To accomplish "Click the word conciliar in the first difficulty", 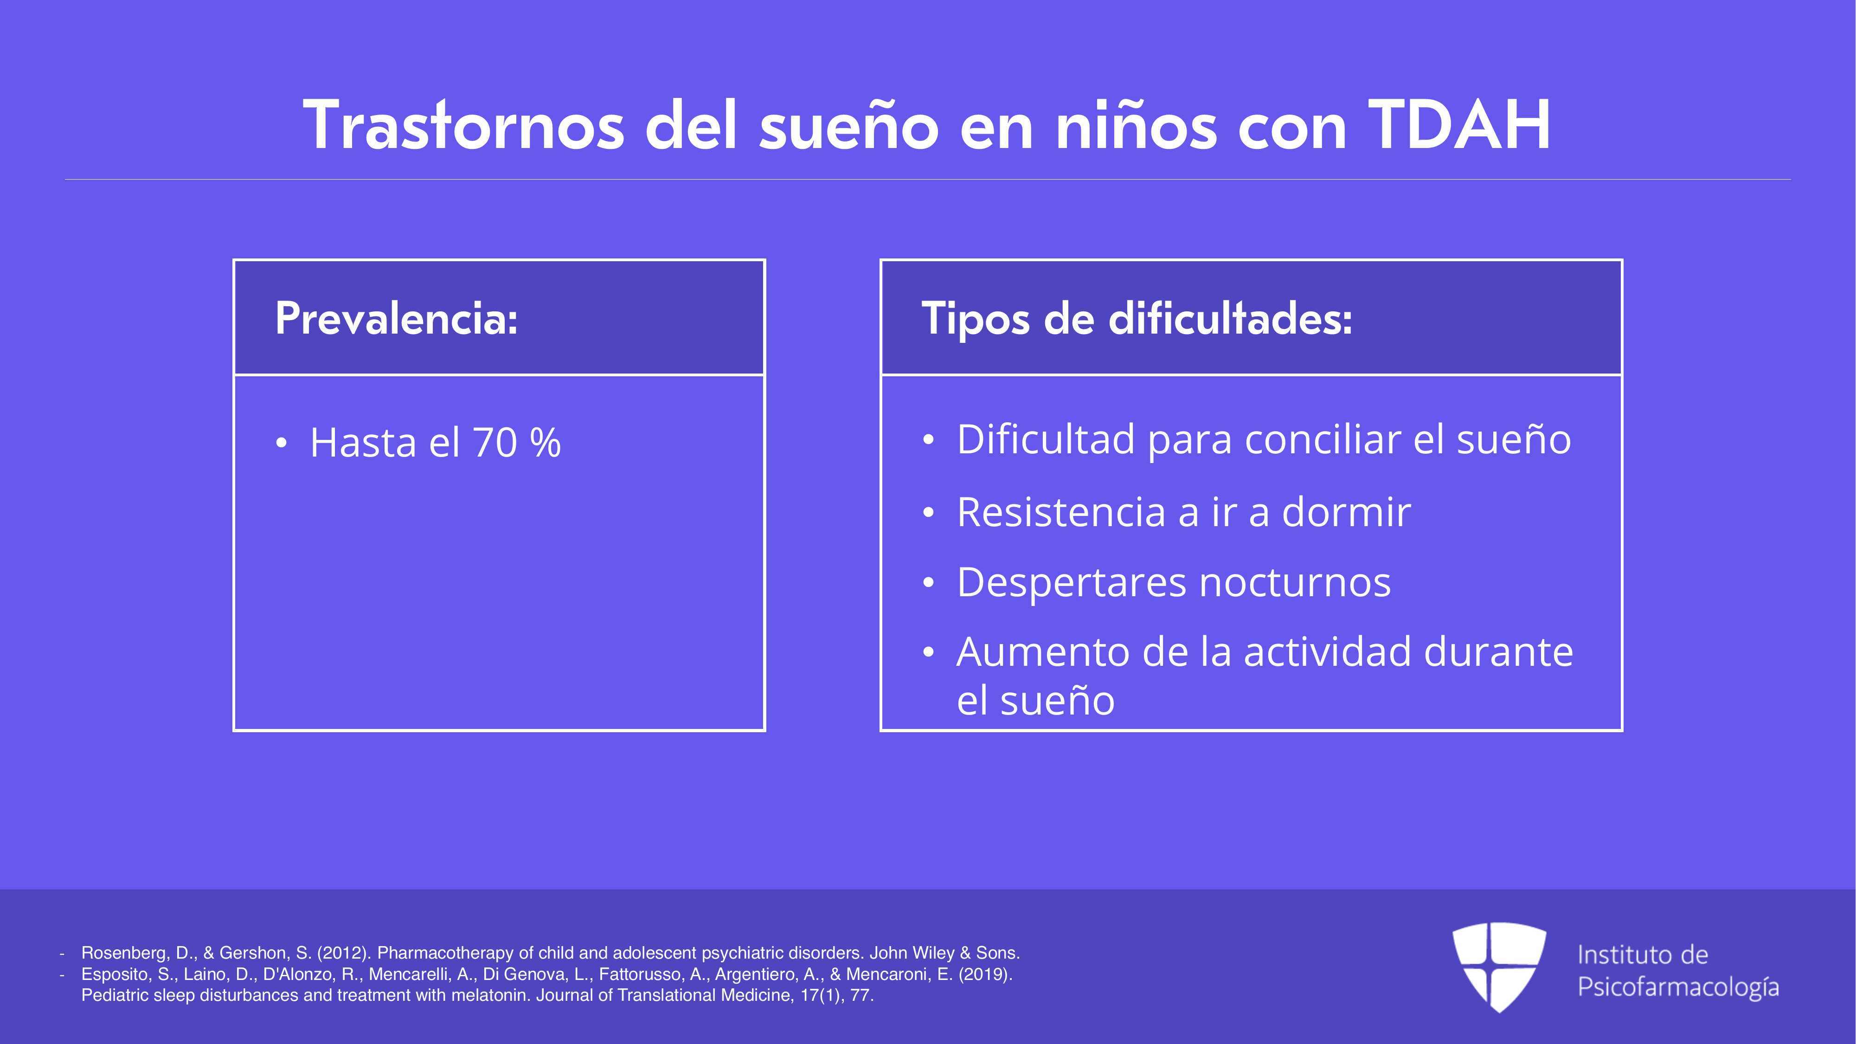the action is (x=1322, y=439).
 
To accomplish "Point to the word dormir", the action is (x=1346, y=512).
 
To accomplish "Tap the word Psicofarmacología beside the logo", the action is (x=1678, y=987).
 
